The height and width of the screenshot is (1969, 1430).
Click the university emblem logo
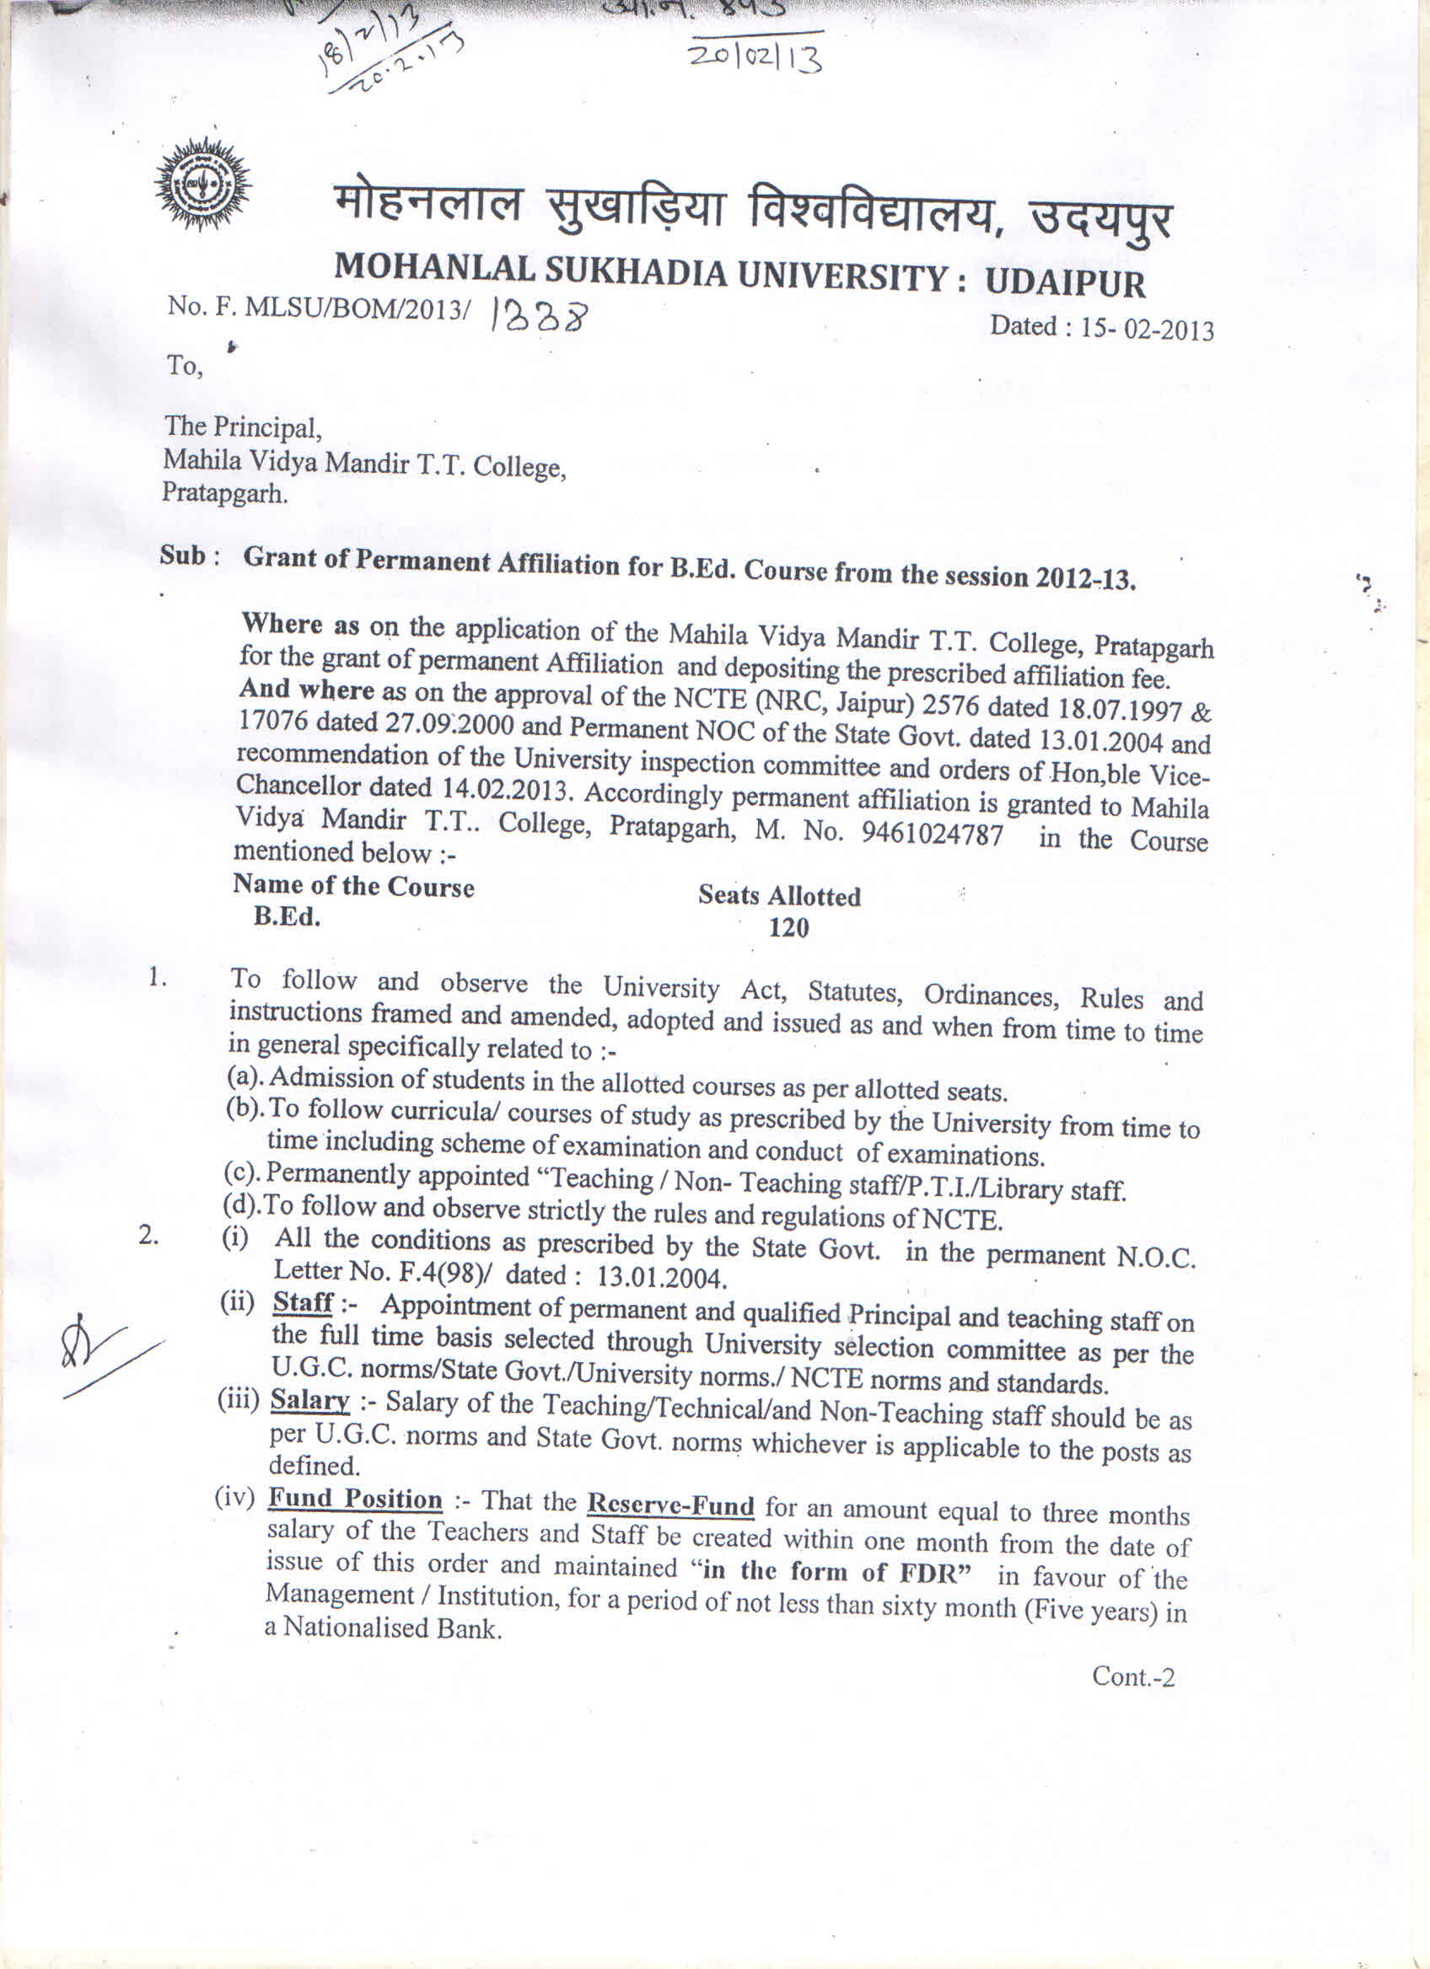[x=202, y=184]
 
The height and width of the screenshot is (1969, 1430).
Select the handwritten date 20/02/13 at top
[x=755, y=59]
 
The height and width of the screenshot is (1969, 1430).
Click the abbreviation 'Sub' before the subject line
[x=182, y=555]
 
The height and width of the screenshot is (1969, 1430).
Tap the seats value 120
[x=788, y=928]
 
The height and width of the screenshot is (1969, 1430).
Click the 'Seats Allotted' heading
[x=779, y=896]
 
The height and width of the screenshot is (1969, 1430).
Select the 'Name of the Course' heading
[x=353, y=886]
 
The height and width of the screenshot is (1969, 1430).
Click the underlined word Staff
[x=303, y=1302]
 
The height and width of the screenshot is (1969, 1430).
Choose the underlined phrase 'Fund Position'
[x=355, y=1500]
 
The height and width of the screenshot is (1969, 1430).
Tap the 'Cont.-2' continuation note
[x=1132, y=1677]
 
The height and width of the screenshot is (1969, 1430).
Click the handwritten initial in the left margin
[x=95, y=1353]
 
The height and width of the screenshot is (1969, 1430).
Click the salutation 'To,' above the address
[x=185, y=366]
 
